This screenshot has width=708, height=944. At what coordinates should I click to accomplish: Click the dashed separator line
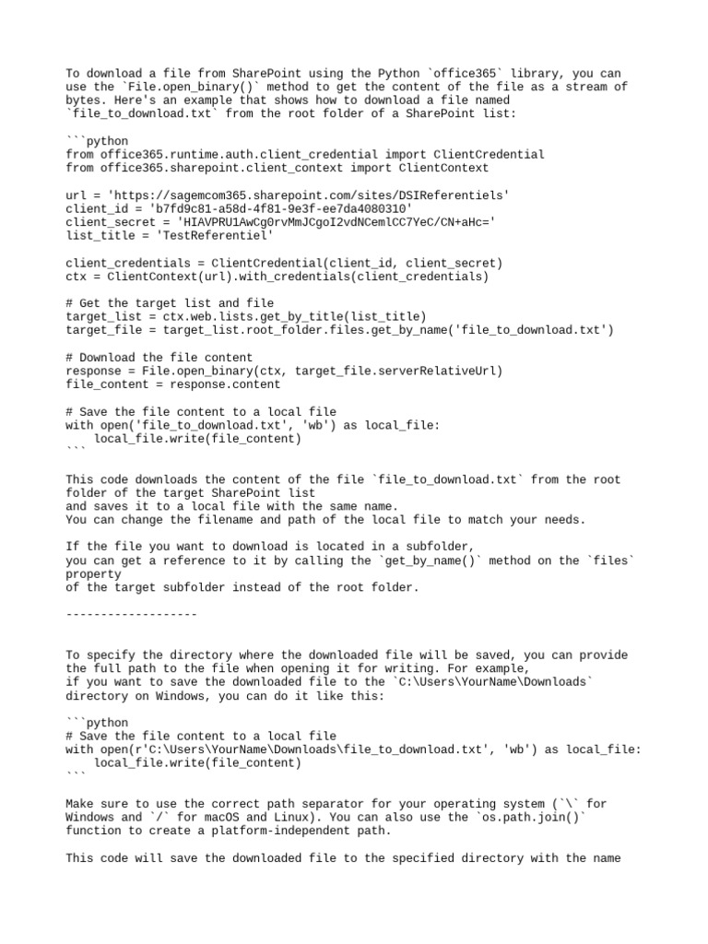(132, 614)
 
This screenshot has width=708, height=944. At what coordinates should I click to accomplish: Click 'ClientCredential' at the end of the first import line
(489, 155)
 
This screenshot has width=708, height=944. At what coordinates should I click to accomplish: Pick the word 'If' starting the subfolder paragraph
(74, 547)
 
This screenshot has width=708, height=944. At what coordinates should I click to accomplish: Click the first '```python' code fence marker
(98, 141)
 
